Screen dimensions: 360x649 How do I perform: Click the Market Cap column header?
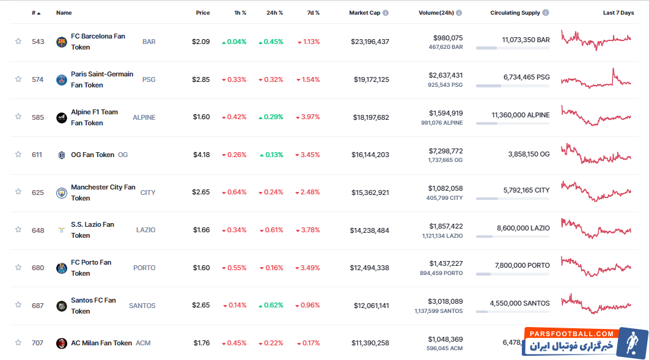365,13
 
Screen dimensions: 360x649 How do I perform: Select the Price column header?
202,13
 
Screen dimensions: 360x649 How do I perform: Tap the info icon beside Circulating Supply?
546,13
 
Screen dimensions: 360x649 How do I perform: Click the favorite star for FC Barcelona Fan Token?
18,42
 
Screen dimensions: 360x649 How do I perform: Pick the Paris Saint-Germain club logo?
62,79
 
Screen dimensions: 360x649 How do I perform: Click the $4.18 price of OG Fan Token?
201,155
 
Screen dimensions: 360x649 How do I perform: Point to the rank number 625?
38,193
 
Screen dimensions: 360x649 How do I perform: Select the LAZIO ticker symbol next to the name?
145,230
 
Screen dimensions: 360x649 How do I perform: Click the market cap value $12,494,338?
370,268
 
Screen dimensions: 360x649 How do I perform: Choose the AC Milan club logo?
62,343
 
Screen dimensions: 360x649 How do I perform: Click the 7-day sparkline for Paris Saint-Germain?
596,79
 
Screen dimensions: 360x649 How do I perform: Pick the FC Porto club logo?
62,268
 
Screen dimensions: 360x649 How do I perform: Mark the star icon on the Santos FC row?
18,306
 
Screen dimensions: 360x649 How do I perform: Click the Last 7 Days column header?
618,13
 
